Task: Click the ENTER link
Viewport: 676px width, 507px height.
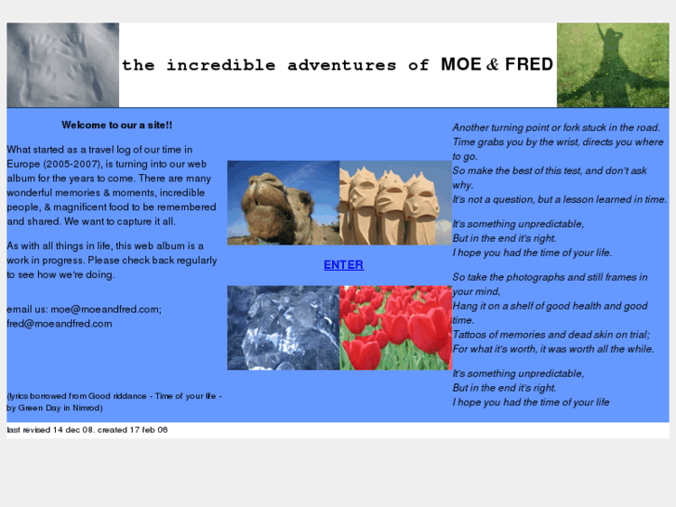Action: tap(343, 265)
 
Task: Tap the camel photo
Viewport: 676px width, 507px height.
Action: tap(283, 203)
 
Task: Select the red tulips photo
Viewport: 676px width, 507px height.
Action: tap(395, 327)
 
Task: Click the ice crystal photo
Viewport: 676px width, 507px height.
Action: tap(283, 327)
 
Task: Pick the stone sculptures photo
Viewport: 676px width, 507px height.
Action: tap(395, 203)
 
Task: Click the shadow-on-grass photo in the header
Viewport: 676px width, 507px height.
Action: tap(612, 65)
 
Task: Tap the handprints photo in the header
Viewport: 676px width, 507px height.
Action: tap(63, 65)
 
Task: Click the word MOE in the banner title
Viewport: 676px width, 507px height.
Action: tap(461, 65)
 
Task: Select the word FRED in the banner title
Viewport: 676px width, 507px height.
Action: tap(529, 65)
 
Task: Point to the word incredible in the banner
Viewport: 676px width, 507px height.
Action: tap(221, 65)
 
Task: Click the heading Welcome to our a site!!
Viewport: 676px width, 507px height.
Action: tap(116, 125)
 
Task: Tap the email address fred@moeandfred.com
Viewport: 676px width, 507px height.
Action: tap(60, 324)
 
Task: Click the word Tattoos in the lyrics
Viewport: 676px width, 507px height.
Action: tap(472, 335)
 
